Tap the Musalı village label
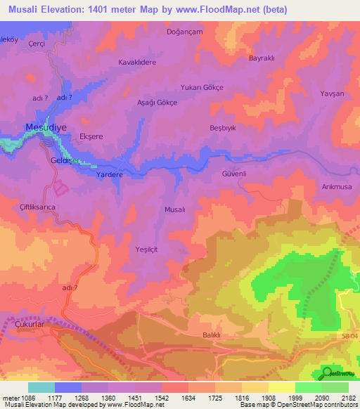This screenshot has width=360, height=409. click(174, 209)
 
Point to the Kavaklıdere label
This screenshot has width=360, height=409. click(136, 62)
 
